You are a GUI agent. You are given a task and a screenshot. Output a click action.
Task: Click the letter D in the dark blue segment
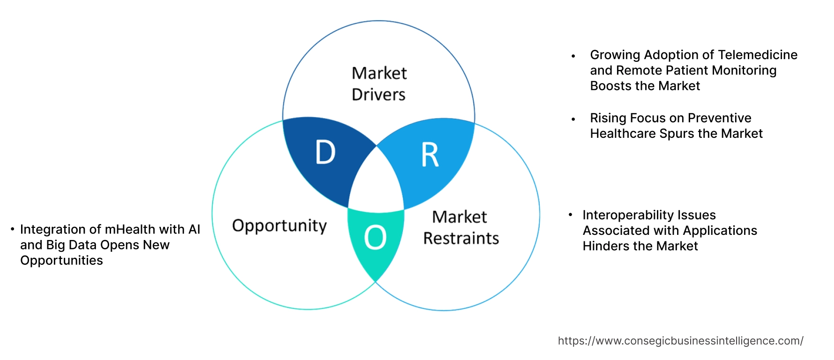point(326,152)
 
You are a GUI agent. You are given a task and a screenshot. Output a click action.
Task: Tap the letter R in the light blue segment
point(430,155)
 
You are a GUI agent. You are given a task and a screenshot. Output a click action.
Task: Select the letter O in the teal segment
point(375,237)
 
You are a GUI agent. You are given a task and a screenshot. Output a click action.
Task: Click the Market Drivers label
point(379,84)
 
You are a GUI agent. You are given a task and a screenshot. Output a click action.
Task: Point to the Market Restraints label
point(461,227)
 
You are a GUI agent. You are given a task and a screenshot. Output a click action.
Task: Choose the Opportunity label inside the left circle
point(279,226)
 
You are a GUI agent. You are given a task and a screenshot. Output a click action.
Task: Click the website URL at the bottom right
point(680,341)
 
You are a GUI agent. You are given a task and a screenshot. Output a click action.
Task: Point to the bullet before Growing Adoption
point(573,56)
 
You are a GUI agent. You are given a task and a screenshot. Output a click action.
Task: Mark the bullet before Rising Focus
point(573,120)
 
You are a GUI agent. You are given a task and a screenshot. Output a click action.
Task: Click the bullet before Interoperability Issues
point(570,215)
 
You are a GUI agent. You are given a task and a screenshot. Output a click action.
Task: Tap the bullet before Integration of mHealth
point(13,229)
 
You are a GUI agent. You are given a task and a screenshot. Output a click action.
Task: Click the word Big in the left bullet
point(55,245)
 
